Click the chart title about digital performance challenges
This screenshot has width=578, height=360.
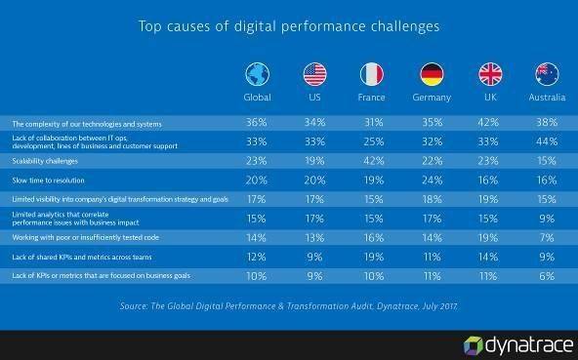pos(289,26)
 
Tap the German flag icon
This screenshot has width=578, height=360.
pos(432,74)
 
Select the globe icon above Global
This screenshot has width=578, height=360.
pos(258,74)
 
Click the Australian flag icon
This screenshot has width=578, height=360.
pos(547,74)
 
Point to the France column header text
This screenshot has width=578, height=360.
pos(371,98)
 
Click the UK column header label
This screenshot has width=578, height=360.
pos(490,98)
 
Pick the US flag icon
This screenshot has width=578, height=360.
pos(314,74)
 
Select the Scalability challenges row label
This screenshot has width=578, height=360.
pos(45,161)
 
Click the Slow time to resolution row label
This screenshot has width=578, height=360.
pos(48,180)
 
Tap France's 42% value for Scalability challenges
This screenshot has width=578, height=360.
pos(374,161)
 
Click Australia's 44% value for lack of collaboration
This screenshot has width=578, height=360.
pos(547,141)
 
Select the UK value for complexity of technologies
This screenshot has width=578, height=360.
pos(488,122)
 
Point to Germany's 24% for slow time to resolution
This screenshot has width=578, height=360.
pos(432,180)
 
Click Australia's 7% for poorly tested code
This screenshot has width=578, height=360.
pos(547,238)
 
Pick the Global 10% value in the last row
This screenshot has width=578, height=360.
pos(256,276)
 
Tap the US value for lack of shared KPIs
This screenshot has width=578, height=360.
pos(314,257)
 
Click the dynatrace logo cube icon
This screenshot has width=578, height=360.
pos(473,346)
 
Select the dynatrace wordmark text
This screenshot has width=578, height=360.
pos(530,345)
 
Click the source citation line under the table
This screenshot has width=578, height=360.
pos(289,306)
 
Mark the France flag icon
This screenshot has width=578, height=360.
pos(372,74)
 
